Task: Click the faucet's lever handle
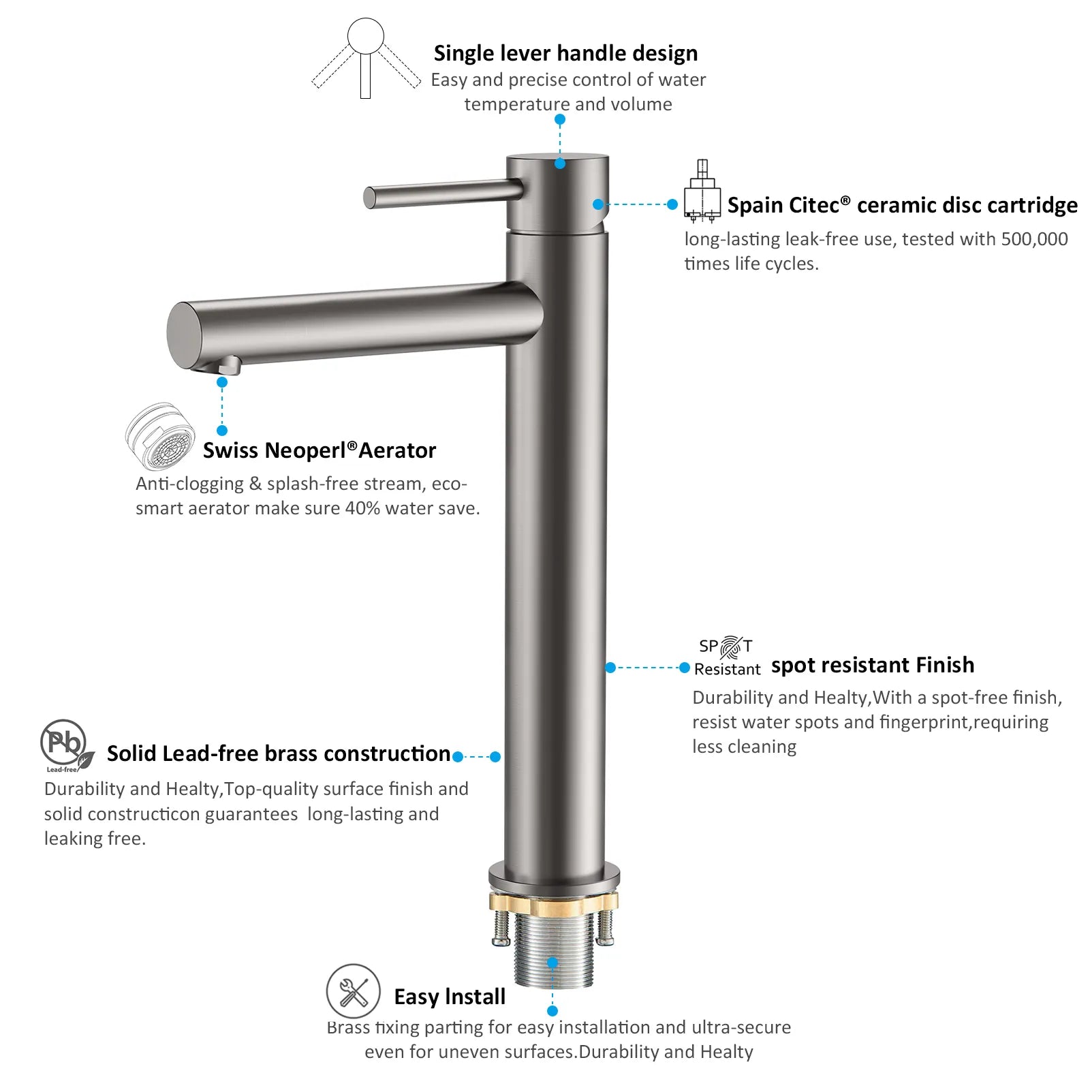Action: [x=443, y=193]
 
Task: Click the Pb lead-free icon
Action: [x=66, y=745]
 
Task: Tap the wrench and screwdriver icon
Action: [x=353, y=991]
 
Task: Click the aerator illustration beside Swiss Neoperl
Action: [x=160, y=436]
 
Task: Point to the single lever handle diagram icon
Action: [x=366, y=58]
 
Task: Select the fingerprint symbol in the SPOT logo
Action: [x=731, y=647]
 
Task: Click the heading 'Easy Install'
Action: [x=450, y=997]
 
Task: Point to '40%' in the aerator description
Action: [x=362, y=508]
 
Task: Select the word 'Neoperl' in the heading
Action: [x=306, y=450]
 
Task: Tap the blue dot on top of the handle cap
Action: [x=560, y=163]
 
